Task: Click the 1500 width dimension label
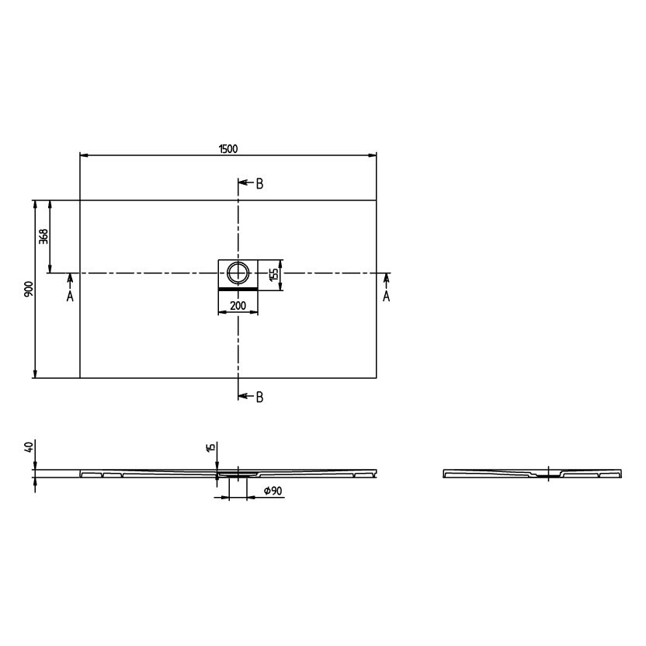228,149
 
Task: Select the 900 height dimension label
29,289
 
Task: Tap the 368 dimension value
43,237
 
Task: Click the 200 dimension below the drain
238,305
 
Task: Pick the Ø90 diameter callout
273,491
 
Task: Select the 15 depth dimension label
210,448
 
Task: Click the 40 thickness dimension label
29,447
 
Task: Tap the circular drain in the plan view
238,273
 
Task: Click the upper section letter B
259,184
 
